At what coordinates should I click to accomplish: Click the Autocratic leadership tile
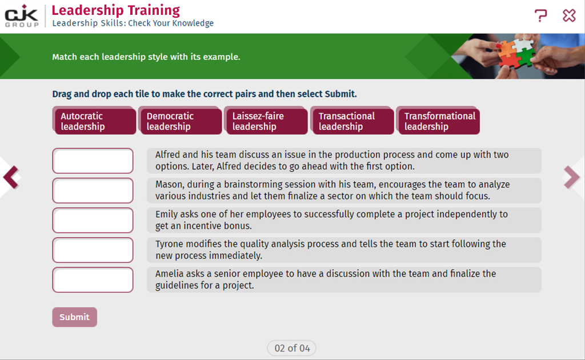tap(94, 121)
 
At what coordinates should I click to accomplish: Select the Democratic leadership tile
tap(180, 121)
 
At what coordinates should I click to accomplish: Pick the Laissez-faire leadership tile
tap(266, 121)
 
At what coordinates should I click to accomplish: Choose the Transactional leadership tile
tap(352, 121)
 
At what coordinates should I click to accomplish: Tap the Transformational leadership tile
tap(438, 121)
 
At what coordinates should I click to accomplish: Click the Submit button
tap(75, 317)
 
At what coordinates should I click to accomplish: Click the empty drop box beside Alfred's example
tap(93, 161)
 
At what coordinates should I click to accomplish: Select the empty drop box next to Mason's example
tap(93, 191)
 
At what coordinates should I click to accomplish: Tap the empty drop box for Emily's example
tap(93, 221)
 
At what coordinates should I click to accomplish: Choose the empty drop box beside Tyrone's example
tap(93, 250)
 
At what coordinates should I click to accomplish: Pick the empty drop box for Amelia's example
tap(93, 280)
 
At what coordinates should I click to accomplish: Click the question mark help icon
tap(540, 15)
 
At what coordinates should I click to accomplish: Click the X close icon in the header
tap(570, 15)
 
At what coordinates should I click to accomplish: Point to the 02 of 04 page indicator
tap(292, 348)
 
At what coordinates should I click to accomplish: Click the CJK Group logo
tap(22, 16)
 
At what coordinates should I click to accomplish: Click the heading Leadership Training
tap(115, 10)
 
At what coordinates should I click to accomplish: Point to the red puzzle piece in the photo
tap(510, 59)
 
